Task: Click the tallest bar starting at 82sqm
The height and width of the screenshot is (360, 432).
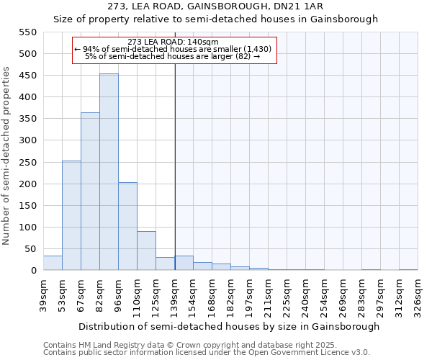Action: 109,172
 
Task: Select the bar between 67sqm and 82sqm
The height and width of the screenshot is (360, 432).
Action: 90,192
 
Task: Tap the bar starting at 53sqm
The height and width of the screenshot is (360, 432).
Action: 71,215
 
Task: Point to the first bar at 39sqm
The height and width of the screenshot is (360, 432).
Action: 53,264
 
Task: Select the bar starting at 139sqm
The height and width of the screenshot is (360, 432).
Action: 184,264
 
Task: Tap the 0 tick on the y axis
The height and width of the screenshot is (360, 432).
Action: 33,271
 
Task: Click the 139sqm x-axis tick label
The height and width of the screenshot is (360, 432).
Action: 175,295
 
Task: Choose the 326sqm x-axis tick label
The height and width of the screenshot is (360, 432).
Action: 418,295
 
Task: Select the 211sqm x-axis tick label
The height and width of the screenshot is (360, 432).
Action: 269,295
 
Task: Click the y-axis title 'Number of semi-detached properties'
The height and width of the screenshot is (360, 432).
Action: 7,156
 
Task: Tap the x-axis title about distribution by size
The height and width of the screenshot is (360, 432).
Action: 229,326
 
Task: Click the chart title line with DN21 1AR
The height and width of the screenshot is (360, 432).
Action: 216,6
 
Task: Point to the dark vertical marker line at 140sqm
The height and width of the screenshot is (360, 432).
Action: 175,180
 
